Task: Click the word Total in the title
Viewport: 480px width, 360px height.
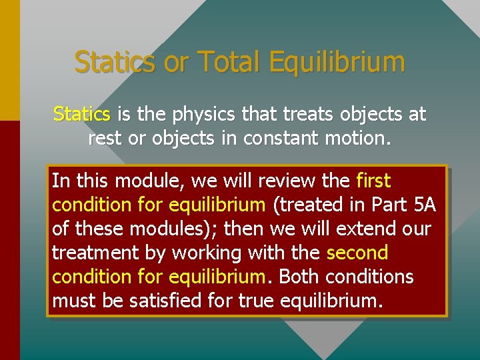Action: pyautogui.click(x=227, y=62)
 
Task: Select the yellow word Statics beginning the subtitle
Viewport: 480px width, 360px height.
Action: pyautogui.click(x=82, y=115)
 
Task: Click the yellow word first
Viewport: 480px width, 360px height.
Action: pyautogui.click(x=373, y=181)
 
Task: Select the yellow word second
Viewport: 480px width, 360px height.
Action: pyautogui.click(x=357, y=253)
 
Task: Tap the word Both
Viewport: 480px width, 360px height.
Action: pyautogui.click(x=299, y=277)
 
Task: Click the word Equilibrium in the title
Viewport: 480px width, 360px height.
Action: pyautogui.click(x=337, y=62)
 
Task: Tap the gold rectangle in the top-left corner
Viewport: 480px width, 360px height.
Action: pyautogui.click(x=10, y=60)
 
